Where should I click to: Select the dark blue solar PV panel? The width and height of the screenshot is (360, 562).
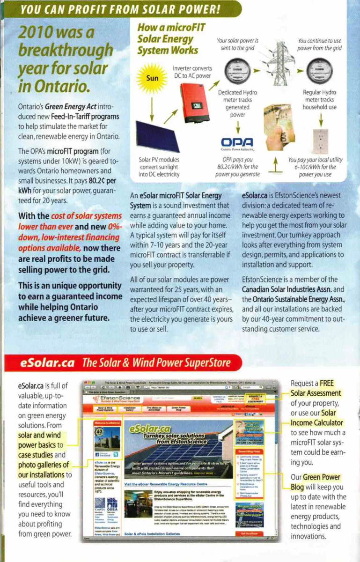click(x=157, y=136)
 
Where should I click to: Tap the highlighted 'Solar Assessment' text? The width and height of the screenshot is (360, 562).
click(x=316, y=393)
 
